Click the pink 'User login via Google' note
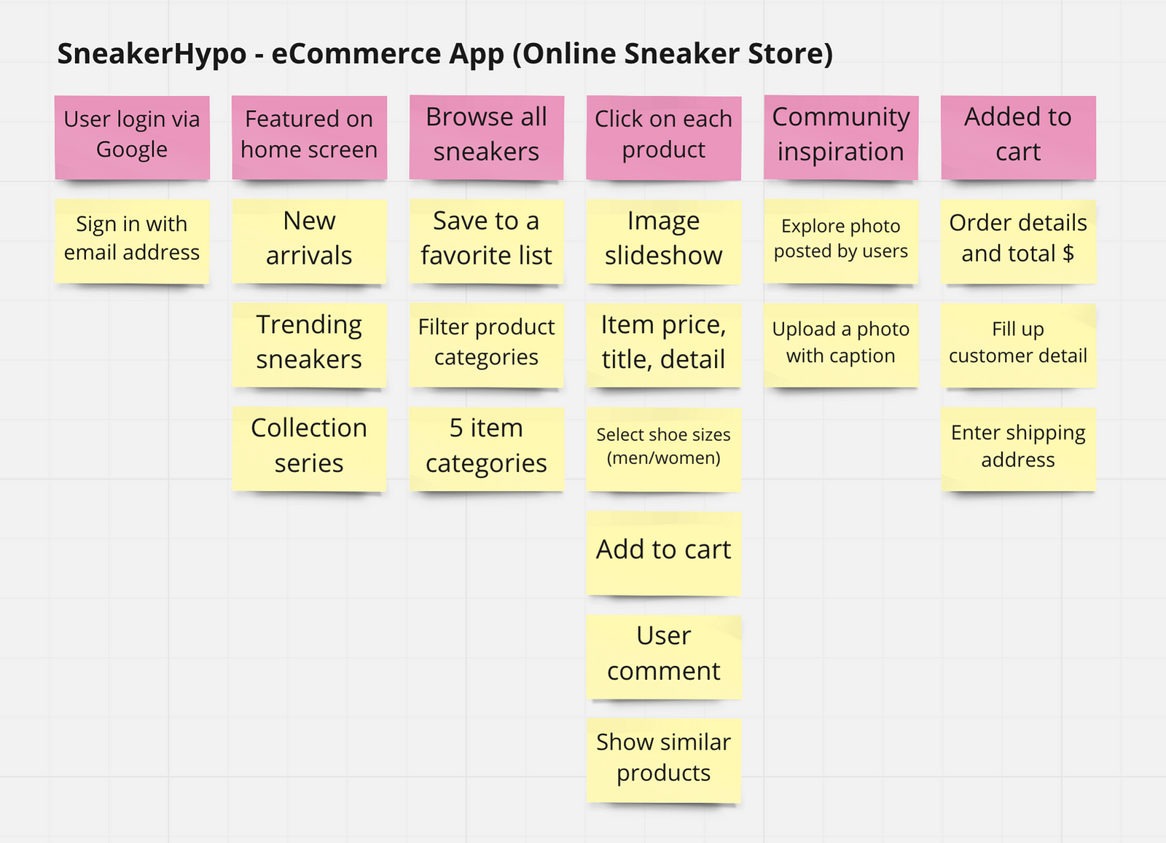click(132, 138)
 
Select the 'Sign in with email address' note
click(132, 241)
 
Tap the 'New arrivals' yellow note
click(309, 241)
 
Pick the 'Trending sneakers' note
click(309, 345)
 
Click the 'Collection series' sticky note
click(309, 449)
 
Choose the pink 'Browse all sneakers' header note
click(487, 138)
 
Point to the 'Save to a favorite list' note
click(487, 241)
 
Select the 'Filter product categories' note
click(487, 345)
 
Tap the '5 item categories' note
click(487, 449)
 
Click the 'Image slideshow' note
click(664, 242)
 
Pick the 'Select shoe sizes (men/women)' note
click(664, 450)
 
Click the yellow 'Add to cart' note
click(664, 553)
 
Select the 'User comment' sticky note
click(664, 656)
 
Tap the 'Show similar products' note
click(664, 760)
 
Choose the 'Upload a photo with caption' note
click(841, 345)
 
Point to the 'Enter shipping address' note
click(1018, 449)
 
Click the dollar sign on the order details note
click(1068, 254)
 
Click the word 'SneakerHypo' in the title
click(152, 54)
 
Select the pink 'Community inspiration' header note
click(841, 138)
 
